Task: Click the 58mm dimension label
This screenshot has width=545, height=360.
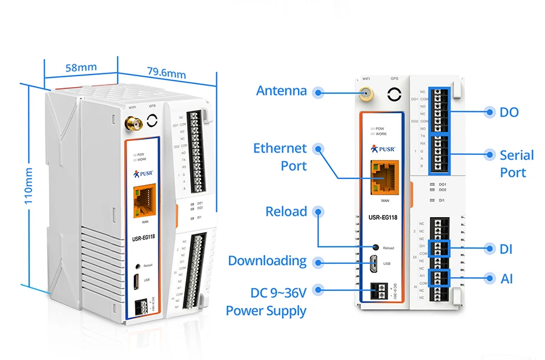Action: click(x=81, y=67)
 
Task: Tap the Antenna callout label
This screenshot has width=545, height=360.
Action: click(x=281, y=91)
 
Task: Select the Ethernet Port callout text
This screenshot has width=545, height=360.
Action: click(x=280, y=157)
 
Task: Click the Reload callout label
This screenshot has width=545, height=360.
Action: click(x=286, y=212)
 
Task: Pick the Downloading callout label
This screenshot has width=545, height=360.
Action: click(x=267, y=261)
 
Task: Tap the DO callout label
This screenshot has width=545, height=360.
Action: click(x=509, y=112)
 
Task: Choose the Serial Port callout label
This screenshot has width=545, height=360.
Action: click(x=516, y=163)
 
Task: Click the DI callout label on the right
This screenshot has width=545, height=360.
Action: click(x=506, y=248)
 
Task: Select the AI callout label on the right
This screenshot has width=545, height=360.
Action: click(x=506, y=278)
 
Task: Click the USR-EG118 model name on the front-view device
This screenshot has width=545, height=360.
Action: click(x=383, y=217)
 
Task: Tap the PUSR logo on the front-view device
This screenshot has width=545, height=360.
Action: click(x=382, y=148)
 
